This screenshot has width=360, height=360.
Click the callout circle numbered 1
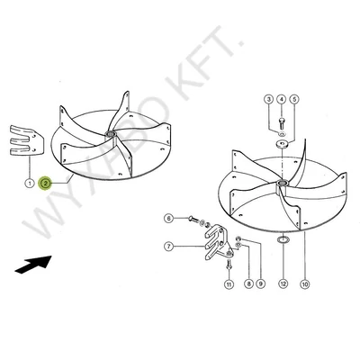(x=30, y=183)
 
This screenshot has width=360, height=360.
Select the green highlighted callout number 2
(x=46, y=183)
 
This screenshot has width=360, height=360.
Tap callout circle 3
(x=268, y=99)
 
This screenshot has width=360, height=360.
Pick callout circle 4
(x=281, y=99)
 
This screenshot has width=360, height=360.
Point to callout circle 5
(x=294, y=99)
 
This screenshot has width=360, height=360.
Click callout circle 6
(x=169, y=219)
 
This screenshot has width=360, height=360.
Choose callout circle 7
(x=169, y=247)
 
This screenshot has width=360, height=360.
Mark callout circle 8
(x=248, y=283)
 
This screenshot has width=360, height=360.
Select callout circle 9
(x=260, y=283)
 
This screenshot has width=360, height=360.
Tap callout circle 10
(x=305, y=283)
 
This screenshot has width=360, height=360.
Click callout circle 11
(x=229, y=283)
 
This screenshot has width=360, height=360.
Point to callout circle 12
(x=283, y=283)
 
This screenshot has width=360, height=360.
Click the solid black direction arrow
(x=33, y=264)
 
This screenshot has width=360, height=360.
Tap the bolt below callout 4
(x=282, y=123)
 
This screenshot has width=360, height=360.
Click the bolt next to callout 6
(x=193, y=220)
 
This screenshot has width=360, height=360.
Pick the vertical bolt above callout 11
(x=229, y=265)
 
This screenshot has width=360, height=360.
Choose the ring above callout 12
(x=283, y=240)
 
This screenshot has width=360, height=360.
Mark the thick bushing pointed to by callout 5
(x=282, y=145)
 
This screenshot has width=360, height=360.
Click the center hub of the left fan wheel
(x=110, y=134)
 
